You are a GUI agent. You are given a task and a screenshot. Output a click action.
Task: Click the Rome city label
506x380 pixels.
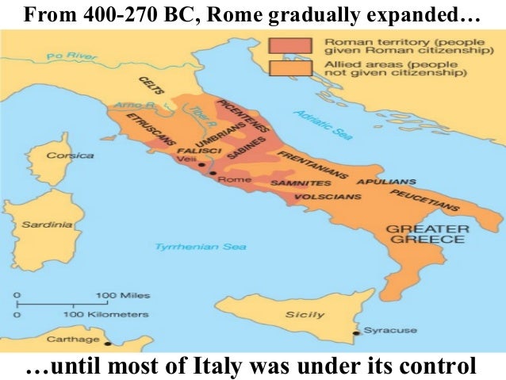coord(239,179)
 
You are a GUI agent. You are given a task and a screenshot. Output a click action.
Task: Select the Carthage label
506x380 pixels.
coord(78,340)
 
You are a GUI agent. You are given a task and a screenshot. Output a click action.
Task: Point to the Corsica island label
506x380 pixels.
coord(70,155)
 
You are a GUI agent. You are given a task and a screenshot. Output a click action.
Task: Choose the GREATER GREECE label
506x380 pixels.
coord(427,235)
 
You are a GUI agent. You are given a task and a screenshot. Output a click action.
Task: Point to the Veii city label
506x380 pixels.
coord(187,158)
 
